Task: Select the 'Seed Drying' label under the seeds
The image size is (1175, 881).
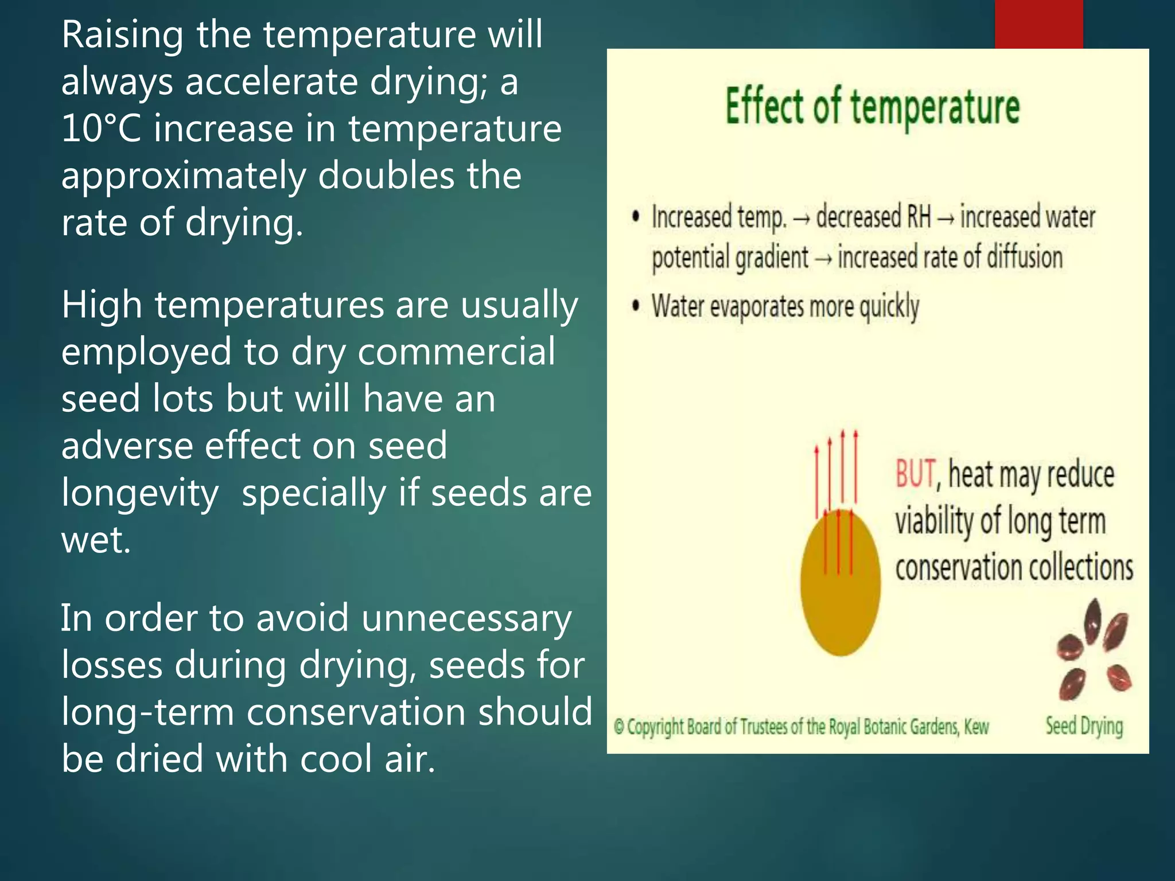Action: [x=1084, y=726]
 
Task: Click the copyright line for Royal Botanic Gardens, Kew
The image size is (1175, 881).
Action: [x=801, y=727]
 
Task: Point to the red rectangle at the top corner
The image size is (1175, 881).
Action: [x=1038, y=24]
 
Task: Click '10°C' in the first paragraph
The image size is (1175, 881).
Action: [x=101, y=128]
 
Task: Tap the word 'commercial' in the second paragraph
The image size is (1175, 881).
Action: [x=456, y=352]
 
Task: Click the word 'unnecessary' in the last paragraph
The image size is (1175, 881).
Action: [x=466, y=619]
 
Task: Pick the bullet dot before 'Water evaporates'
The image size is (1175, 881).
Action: [x=635, y=306]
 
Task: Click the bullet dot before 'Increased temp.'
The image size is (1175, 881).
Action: [x=635, y=217]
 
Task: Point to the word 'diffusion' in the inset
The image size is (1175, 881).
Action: [x=1024, y=258]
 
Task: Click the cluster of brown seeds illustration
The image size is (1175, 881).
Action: [x=1093, y=650]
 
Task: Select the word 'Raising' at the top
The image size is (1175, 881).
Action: [x=122, y=34]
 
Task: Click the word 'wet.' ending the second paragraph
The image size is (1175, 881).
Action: [x=96, y=540]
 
